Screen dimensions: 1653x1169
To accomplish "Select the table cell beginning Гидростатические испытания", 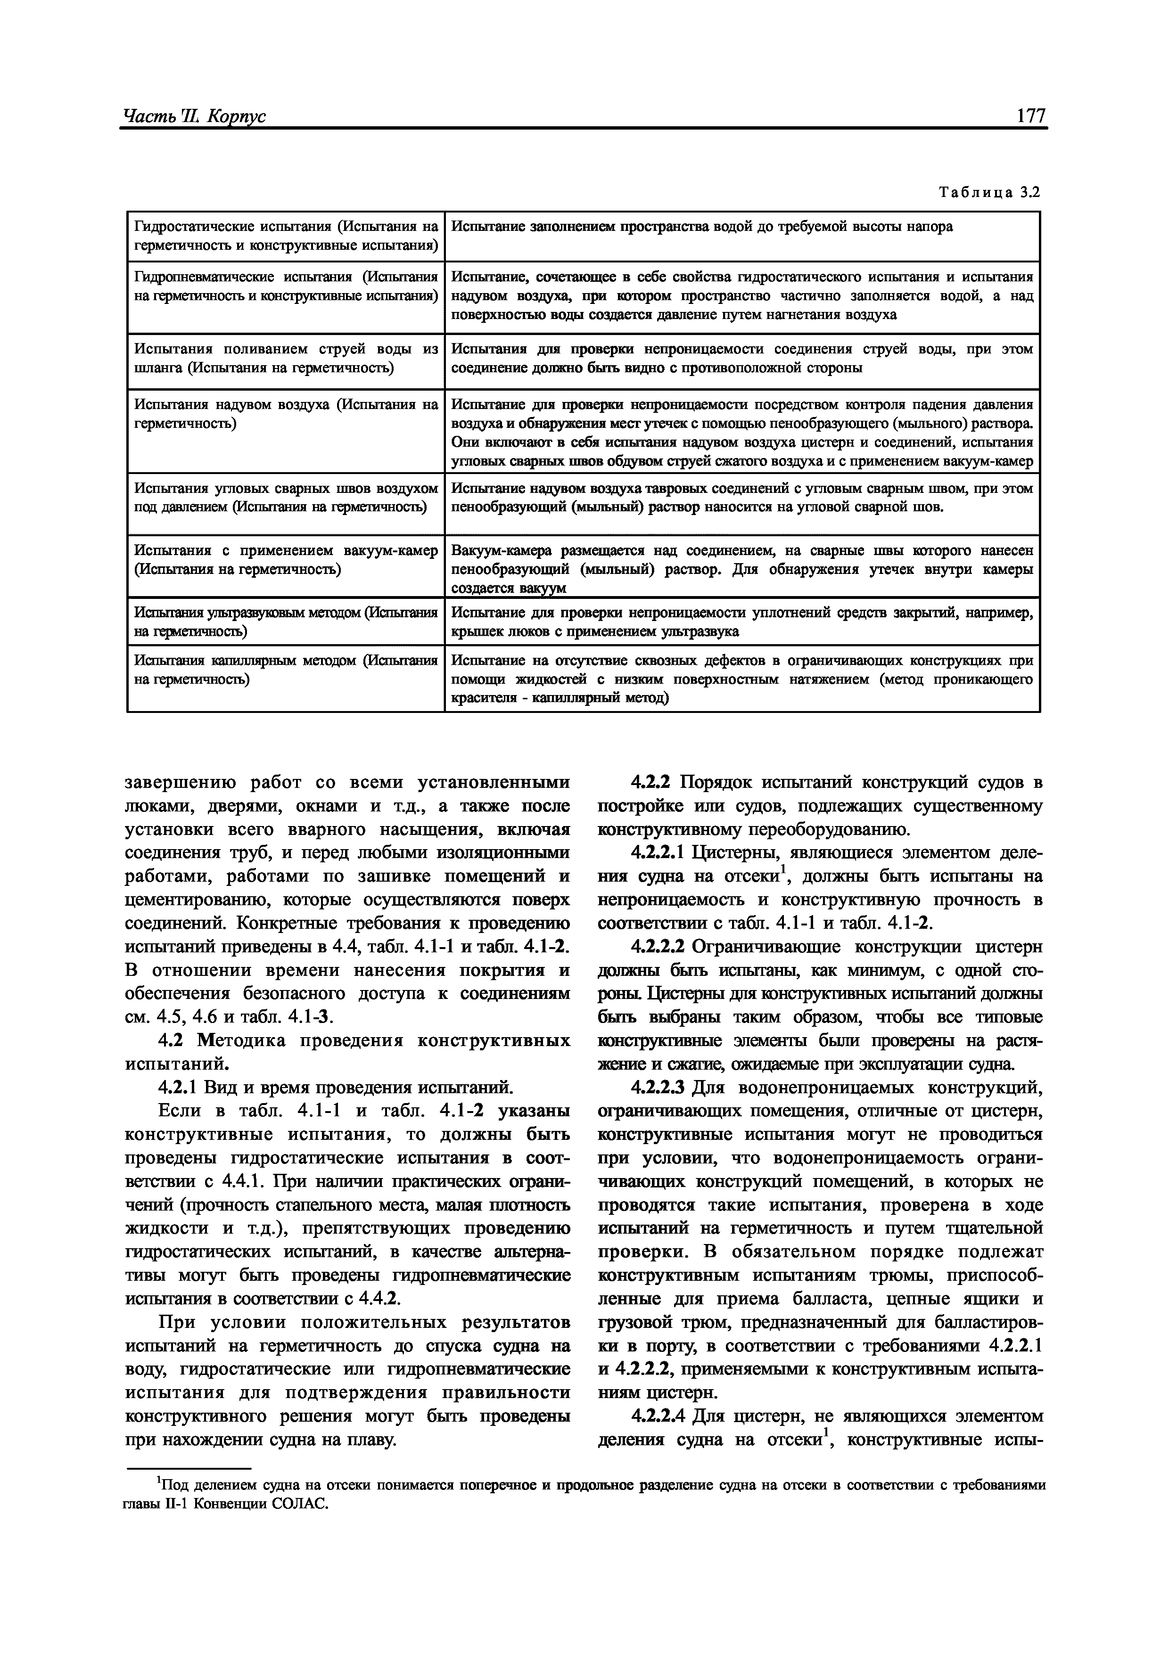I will pos(286,236).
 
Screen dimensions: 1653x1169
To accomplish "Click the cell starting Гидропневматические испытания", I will pos(286,286).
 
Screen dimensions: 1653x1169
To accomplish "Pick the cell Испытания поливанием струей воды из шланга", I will pos(286,359).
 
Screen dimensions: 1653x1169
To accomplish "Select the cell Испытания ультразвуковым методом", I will pos(286,622).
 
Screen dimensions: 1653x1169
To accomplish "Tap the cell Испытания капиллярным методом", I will pos(286,670).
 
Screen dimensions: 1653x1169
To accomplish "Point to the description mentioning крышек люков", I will pos(742,622).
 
